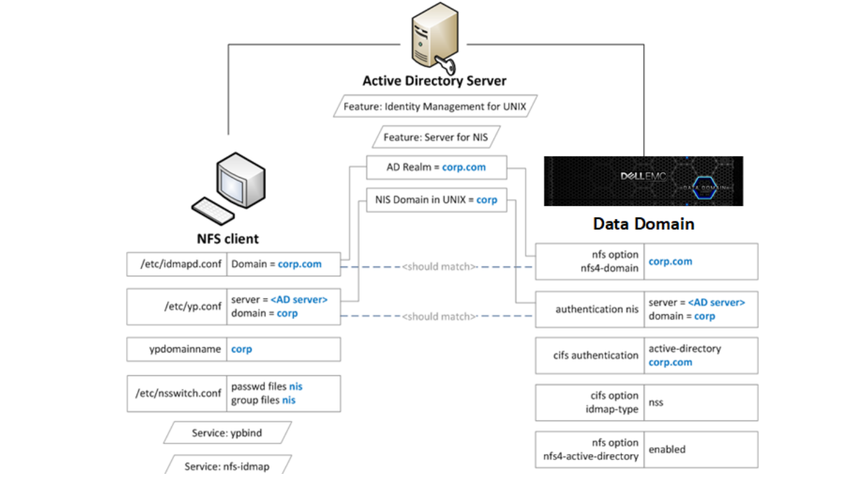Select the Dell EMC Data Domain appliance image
coord(643,181)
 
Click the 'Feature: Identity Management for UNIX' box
coord(435,106)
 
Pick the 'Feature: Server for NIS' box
coord(436,137)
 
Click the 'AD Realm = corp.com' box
coord(436,167)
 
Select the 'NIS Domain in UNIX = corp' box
coord(436,200)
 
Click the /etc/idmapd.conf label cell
coord(178,264)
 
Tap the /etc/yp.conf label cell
coord(178,306)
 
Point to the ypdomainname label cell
coord(178,349)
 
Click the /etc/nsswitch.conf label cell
coord(178,393)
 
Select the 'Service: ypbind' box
coord(227,433)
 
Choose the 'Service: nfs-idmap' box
coord(227,466)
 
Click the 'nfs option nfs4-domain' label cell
coord(590,261)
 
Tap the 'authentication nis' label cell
coord(590,309)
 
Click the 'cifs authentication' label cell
coord(590,355)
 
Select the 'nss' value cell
coord(700,402)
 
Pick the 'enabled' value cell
coord(700,449)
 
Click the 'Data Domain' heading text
coord(643,224)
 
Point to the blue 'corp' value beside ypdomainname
coord(242,349)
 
